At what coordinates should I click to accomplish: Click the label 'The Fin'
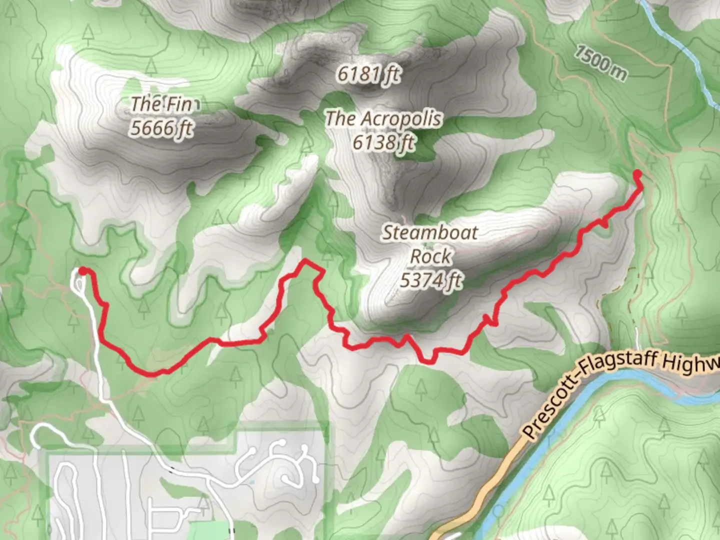click(x=161, y=104)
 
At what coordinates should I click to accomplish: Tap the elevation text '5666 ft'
click(x=161, y=128)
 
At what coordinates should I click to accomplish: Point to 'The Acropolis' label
click(x=383, y=119)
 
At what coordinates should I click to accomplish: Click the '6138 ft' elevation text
click(x=383, y=143)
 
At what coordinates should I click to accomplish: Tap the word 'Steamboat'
click(x=430, y=232)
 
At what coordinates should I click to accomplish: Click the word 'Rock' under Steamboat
click(x=430, y=256)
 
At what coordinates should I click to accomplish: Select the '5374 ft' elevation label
click(x=431, y=280)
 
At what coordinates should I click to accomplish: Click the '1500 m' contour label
click(x=600, y=63)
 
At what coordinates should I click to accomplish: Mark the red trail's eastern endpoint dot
click(x=637, y=174)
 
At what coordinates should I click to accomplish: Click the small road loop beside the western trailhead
click(x=79, y=283)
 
